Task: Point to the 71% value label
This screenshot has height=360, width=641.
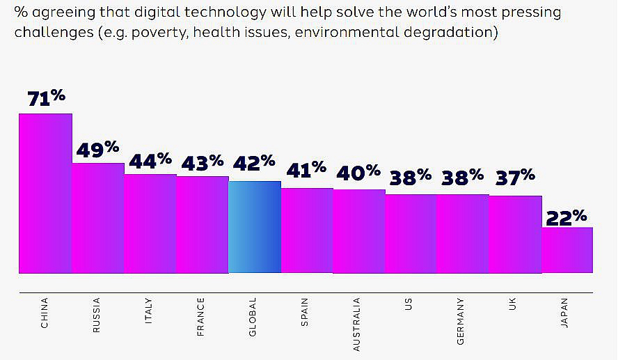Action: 46,98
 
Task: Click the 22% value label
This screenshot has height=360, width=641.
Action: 567,217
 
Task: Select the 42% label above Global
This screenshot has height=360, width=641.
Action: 254,164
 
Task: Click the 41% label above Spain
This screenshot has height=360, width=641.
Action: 307,169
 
